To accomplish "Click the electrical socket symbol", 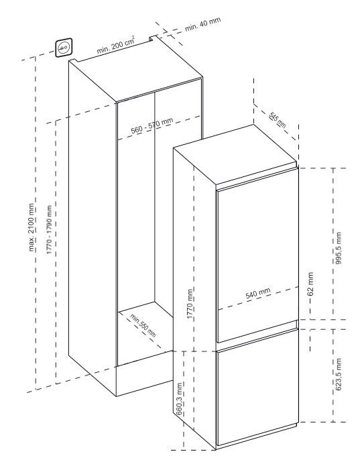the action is coord(64,47).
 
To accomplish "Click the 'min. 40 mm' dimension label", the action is coord(203,24).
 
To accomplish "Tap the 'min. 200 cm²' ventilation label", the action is coord(115,44).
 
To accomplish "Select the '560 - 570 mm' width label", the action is coord(152,126).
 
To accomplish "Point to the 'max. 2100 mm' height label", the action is coord(32,227).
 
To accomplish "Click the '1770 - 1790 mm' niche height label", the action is coord(49,229).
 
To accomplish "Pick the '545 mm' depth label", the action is coord(278,120).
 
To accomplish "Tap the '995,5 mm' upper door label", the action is coord(339,248).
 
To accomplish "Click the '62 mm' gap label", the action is coord(310,284).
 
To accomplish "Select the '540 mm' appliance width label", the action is coord(258,293).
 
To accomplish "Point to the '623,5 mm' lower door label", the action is coord(339,374).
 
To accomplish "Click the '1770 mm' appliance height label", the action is coord(190,304).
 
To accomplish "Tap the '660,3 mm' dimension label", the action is coord(179,398).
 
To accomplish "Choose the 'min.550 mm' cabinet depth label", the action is coord(143,325).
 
